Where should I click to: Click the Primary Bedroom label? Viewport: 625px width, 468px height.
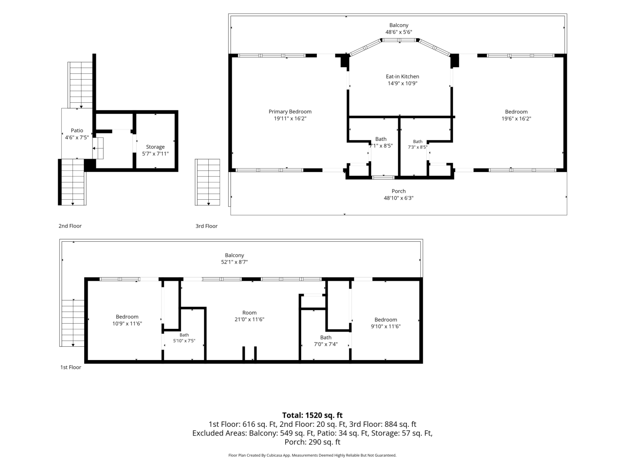(290, 112)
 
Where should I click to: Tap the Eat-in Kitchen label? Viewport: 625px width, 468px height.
(402, 76)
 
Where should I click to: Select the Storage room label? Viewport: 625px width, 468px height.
(155, 147)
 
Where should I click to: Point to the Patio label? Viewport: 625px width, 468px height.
(77, 130)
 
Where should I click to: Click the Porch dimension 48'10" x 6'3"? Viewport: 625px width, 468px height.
(398, 198)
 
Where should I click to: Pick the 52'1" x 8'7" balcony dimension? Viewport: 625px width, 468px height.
(234, 262)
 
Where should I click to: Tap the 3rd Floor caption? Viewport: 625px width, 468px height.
(207, 226)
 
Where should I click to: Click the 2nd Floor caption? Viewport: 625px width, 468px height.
(70, 226)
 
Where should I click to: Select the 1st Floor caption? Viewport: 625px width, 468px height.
(71, 367)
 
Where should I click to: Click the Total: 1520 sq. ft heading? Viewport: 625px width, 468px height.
(312, 415)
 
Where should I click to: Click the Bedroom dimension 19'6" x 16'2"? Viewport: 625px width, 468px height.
(516, 118)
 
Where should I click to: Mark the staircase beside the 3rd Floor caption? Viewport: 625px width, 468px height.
(207, 182)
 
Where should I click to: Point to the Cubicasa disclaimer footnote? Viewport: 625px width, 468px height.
(312, 455)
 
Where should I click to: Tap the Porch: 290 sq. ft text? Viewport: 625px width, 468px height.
(312, 442)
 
